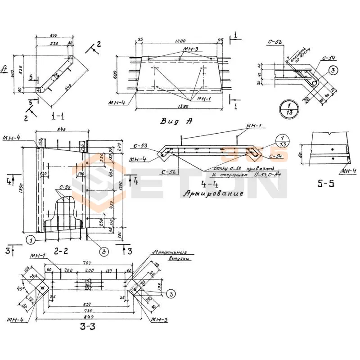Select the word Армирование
click(213, 193)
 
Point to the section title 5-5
click(327, 184)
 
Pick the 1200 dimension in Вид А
click(180, 40)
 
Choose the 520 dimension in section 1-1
click(51, 43)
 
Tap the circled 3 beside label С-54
click(333, 70)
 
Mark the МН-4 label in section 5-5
click(347, 171)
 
